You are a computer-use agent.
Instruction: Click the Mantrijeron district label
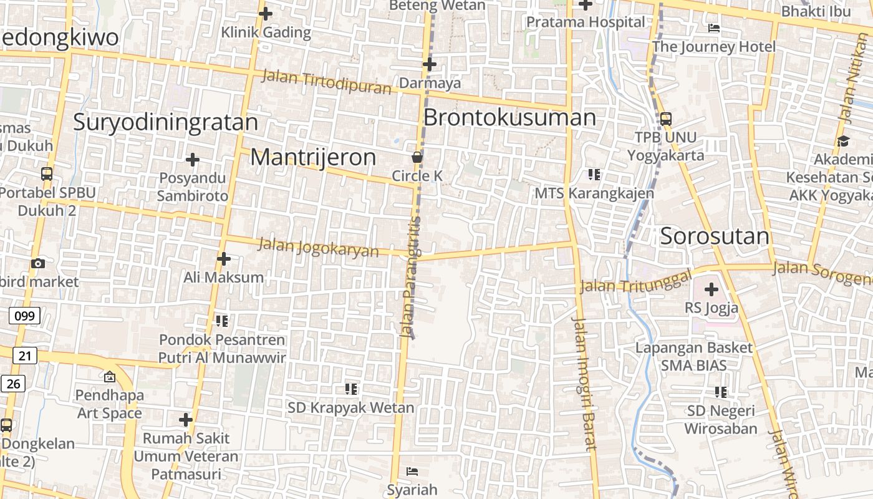coord(313,157)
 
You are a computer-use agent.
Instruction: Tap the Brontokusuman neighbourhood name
coord(509,117)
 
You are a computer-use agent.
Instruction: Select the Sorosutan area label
coord(715,236)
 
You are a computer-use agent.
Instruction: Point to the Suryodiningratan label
coord(165,122)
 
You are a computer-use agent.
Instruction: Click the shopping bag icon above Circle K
coord(417,157)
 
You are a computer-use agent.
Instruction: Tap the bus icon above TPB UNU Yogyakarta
coord(665,119)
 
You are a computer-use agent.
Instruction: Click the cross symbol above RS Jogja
coord(711,289)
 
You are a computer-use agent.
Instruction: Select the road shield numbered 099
coord(24,316)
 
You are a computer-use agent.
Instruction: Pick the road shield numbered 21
coord(24,356)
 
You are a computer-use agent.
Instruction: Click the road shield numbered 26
coord(13,383)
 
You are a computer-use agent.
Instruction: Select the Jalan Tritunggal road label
coord(636,282)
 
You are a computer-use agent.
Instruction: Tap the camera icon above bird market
coord(38,263)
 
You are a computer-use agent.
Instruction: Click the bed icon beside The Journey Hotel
coord(714,28)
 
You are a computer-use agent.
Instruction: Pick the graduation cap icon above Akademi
coord(843,141)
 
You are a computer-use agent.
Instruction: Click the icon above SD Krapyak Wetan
coord(351,389)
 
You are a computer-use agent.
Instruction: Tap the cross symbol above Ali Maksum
coord(224,258)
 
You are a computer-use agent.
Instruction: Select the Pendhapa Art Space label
coord(110,404)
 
